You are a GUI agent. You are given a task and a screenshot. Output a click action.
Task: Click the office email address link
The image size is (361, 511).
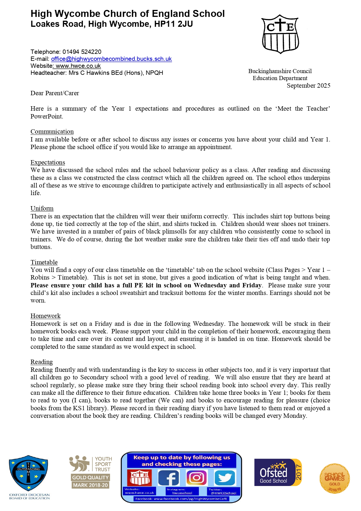tap(111, 59)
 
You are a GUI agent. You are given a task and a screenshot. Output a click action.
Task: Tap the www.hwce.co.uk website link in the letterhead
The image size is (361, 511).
tap(78, 66)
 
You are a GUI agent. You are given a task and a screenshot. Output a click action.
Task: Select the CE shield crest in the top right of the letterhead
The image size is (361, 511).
tap(280, 34)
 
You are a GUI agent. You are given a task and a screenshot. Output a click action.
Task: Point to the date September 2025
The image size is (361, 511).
tap(308, 86)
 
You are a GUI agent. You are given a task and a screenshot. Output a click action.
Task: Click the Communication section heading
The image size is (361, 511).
tap(52, 132)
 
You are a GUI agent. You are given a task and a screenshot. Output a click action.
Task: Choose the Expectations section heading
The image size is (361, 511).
tap(48, 162)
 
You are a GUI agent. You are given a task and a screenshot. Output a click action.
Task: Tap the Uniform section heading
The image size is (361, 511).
tap(42, 208)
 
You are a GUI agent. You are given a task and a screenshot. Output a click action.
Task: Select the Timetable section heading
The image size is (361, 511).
tap(44, 262)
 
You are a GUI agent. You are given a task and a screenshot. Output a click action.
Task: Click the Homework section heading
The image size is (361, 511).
tap(45, 316)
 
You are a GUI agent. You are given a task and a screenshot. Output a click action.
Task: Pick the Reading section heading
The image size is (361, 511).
tap(42, 362)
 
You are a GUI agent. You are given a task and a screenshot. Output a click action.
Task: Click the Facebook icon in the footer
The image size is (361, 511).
tap(168, 478)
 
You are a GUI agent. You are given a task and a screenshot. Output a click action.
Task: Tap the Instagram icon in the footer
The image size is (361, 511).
tap(197, 478)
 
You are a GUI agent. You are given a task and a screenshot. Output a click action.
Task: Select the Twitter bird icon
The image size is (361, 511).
tap(225, 478)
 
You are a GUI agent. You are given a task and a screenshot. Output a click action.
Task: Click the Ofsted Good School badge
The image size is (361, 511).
tap(278, 472)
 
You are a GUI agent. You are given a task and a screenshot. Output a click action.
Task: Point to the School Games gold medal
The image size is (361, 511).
tap(335, 478)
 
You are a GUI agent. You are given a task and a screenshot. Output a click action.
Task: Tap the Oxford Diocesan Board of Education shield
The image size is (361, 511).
tap(29, 473)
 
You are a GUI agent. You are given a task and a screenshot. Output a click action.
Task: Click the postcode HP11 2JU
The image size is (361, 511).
tap(174, 24)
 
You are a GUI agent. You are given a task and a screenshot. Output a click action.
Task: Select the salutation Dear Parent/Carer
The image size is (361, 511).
tap(55, 93)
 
